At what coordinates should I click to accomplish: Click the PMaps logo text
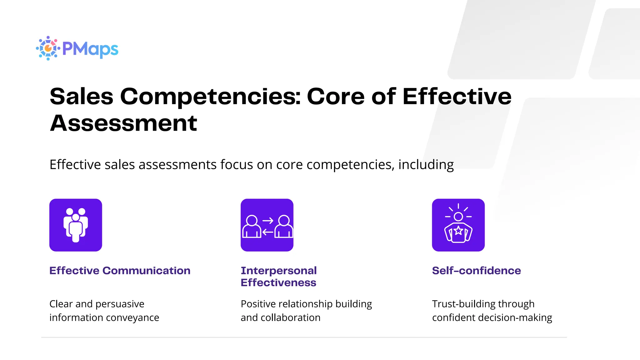click(x=90, y=49)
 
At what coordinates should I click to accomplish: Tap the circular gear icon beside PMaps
click(x=48, y=48)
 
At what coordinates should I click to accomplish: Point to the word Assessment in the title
click(x=123, y=123)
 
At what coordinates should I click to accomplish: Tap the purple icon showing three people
click(x=76, y=225)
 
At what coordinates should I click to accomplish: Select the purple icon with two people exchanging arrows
click(x=267, y=225)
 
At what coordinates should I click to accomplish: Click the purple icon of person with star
click(x=458, y=225)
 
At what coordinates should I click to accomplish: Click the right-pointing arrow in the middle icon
click(x=268, y=221)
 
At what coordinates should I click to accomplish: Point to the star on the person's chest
click(x=458, y=231)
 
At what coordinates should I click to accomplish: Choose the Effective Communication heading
click(x=120, y=271)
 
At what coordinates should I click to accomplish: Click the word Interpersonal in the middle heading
click(x=278, y=271)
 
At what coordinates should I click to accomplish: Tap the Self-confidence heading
click(x=476, y=271)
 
